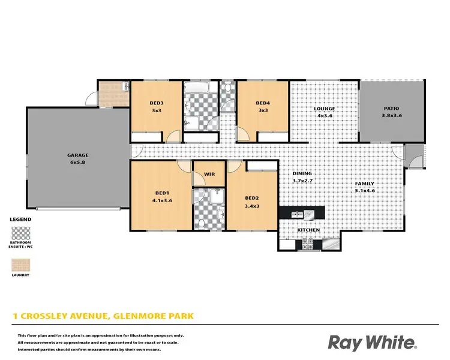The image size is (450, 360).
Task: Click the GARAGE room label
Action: (78, 155)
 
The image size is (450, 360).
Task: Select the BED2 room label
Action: (252, 198)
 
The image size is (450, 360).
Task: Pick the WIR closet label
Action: (209, 174)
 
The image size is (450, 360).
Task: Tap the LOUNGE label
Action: (324, 109)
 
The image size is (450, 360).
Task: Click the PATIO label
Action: (391, 109)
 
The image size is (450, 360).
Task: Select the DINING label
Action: (302, 173)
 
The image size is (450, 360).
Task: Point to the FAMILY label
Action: (365, 184)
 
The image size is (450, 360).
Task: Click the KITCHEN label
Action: (309, 230)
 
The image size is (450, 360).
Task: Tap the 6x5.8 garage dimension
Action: (78, 162)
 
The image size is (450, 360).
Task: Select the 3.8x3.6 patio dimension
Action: (391, 116)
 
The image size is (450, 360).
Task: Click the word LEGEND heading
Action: (21, 220)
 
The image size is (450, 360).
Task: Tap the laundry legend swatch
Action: (21, 265)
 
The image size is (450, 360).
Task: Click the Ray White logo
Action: (372, 343)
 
